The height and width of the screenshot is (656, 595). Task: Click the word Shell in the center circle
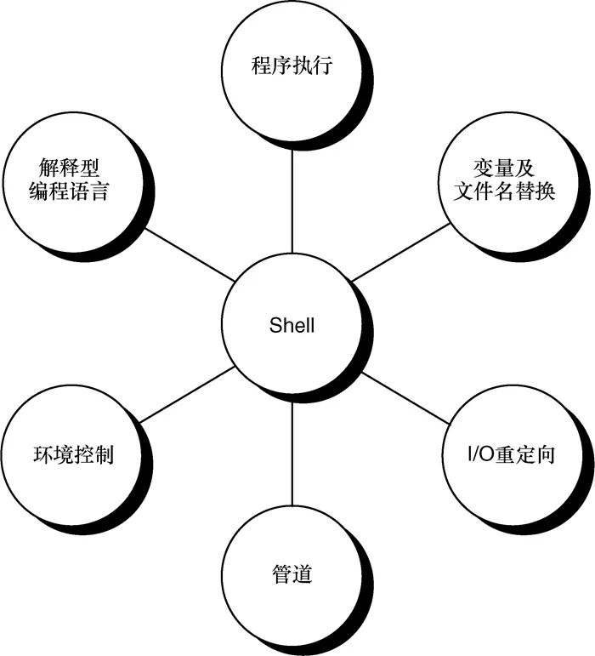point(292,325)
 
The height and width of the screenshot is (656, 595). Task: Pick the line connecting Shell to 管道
point(292,451)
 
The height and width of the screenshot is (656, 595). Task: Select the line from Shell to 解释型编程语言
point(188,254)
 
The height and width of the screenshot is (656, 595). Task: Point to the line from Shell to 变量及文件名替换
point(399,253)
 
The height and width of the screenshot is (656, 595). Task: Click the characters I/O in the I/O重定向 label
point(483,454)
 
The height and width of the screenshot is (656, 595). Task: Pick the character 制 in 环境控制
point(103,453)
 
